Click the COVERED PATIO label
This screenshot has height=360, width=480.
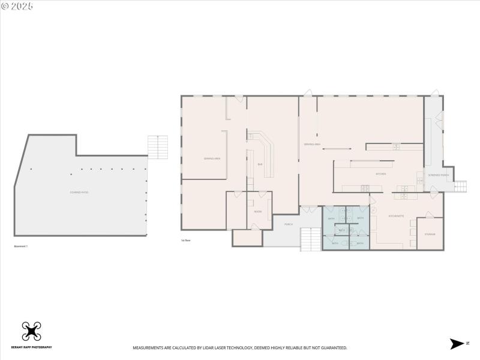[79, 192]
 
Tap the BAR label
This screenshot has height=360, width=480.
[260, 164]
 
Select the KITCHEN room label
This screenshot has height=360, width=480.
[380, 174]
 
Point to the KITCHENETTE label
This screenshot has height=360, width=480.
[396, 216]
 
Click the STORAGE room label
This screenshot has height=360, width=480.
[430, 234]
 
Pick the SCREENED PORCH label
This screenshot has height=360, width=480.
[438, 175]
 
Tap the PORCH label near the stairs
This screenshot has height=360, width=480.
[288, 224]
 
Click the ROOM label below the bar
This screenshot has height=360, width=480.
[257, 211]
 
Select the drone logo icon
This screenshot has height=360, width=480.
[31, 331]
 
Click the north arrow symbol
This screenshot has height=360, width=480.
[458, 343]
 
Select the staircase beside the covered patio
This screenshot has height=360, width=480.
[158, 147]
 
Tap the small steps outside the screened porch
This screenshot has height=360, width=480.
[460, 187]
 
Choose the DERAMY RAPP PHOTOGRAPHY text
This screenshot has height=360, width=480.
[31, 347]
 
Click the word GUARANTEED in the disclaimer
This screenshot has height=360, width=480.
[332, 348]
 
